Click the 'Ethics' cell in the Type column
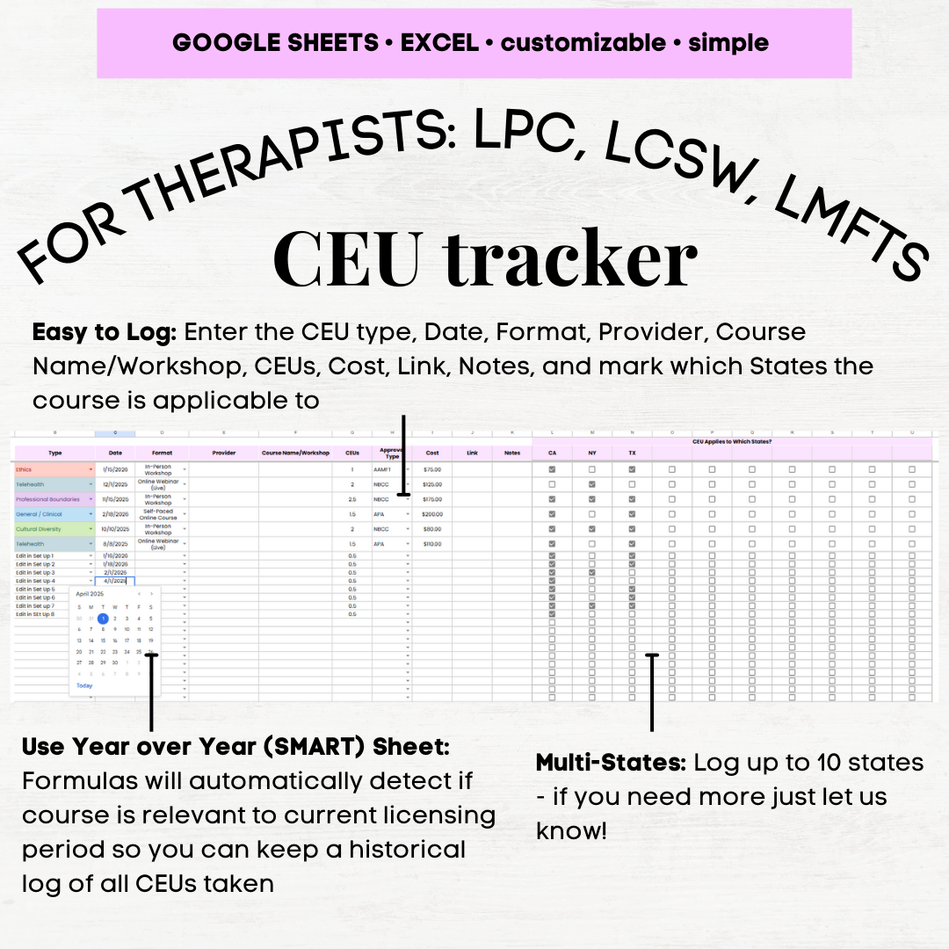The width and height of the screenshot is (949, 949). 54,470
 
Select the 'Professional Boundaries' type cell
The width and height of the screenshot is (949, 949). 54,500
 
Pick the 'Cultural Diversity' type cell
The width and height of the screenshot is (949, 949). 54,530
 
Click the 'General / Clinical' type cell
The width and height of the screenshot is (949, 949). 54,515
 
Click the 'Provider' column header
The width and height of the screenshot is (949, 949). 223,453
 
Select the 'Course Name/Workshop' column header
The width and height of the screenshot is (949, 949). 295,453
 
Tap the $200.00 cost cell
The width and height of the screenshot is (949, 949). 432,515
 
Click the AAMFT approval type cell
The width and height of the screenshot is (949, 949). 386,470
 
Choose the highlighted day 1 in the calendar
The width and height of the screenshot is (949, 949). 103,619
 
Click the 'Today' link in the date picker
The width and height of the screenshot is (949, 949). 84,685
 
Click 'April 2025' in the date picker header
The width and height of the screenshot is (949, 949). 90,595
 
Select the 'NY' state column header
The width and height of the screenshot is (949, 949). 591,453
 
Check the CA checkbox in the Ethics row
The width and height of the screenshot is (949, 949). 552,470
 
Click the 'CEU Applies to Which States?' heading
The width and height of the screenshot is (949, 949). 731,441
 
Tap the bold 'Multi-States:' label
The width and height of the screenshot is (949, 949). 611,763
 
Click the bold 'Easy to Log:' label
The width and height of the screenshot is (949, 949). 105,332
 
